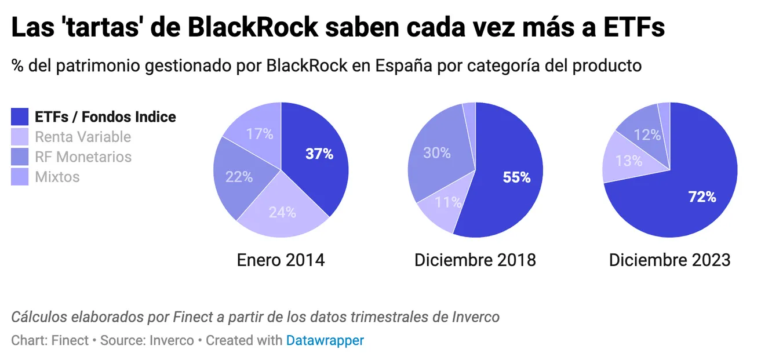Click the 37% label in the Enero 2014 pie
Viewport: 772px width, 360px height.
point(319,154)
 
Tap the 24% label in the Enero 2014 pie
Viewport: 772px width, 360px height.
point(282,213)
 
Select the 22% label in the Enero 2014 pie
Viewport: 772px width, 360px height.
point(239,177)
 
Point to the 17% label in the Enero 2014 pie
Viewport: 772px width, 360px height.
point(259,134)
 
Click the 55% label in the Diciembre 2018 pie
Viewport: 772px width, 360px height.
point(516,177)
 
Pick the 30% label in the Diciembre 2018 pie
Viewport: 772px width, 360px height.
point(436,153)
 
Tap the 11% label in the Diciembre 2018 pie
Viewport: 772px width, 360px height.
point(448,202)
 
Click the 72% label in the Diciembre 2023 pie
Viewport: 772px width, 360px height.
point(702,197)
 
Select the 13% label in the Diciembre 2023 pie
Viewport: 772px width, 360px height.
point(629,161)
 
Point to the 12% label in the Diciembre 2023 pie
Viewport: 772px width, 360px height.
point(647,135)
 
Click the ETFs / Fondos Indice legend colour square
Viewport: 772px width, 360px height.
point(20,117)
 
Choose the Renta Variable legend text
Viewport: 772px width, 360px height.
point(83,137)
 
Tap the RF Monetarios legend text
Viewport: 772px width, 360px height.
point(83,157)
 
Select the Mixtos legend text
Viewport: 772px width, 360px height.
point(57,177)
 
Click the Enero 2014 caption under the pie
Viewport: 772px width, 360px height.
point(281,260)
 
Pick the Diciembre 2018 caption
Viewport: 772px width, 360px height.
point(475,260)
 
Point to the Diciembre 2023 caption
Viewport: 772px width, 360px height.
point(669,260)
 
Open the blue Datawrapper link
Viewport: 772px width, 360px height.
point(325,340)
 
